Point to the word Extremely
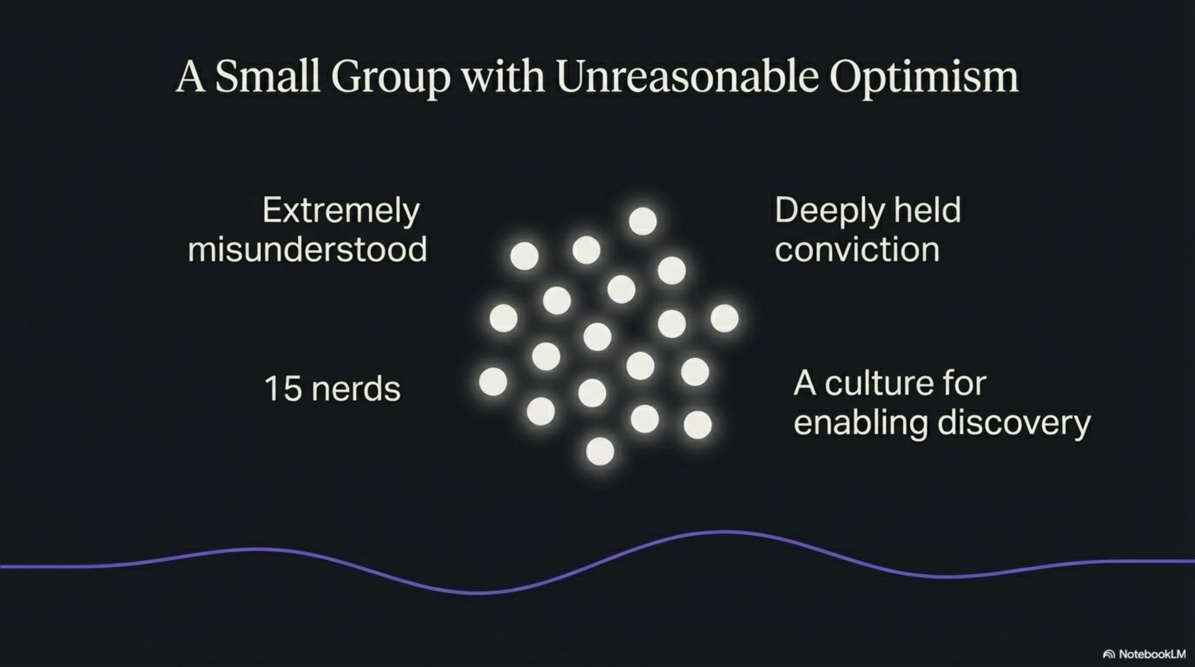(x=341, y=211)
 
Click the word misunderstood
(x=307, y=250)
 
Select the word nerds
(x=356, y=388)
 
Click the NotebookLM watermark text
(x=1152, y=654)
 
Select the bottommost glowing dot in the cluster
(x=600, y=451)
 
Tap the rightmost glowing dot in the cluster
(x=724, y=318)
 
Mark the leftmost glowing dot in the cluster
(x=493, y=382)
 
